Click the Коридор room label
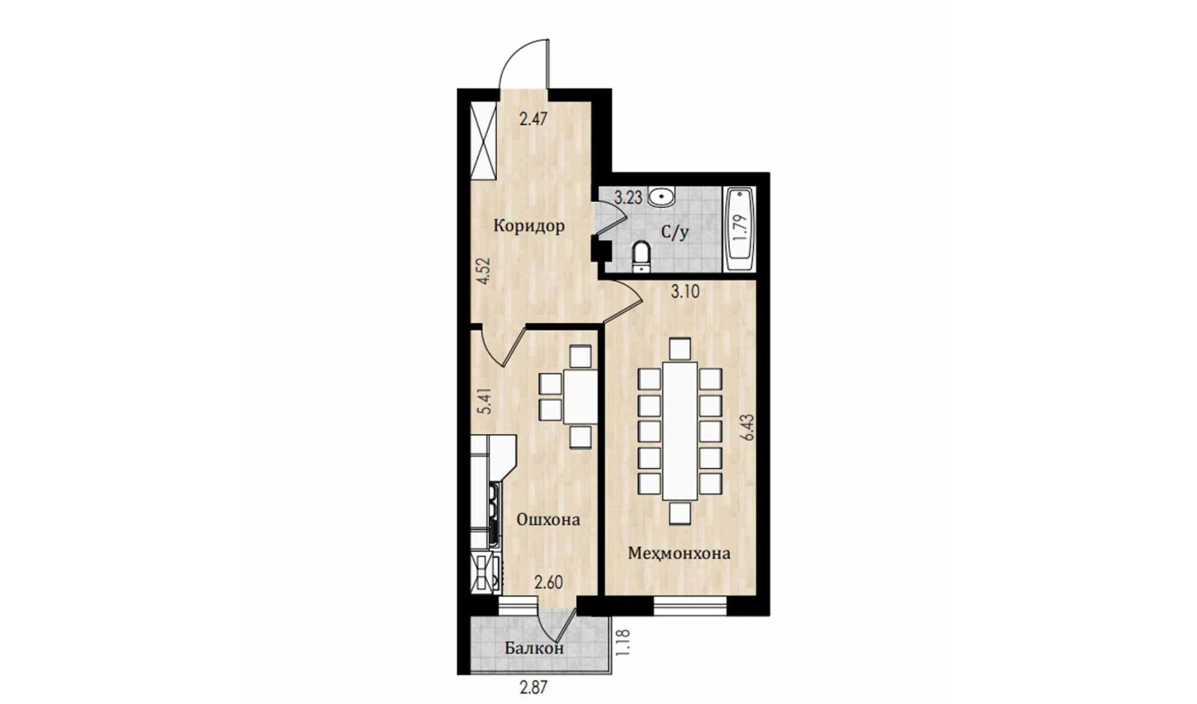click(x=529, y=226)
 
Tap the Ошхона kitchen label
click(x=548, y=519)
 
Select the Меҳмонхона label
click(x=678, y=553)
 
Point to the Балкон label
click(x=534, y=649)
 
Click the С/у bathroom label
click(x=675, y=233)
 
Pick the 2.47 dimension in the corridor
click(x=533, y=118)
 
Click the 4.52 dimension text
click(x=110, y=271)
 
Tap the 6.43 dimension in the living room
click(x=747, y=427)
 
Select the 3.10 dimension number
click(x=685, y=292)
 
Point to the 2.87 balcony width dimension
click(x=533, y=687)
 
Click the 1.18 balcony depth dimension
click(x=623, y=643)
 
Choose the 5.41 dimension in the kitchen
click(x=111, y=402)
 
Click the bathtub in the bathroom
click(x=739, y=228)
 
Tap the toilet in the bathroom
click(x=641, y=257)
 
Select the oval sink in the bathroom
click(x=662, y=196)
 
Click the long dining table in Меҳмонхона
click(x=680, y=431)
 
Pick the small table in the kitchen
click(x=581, y=397)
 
